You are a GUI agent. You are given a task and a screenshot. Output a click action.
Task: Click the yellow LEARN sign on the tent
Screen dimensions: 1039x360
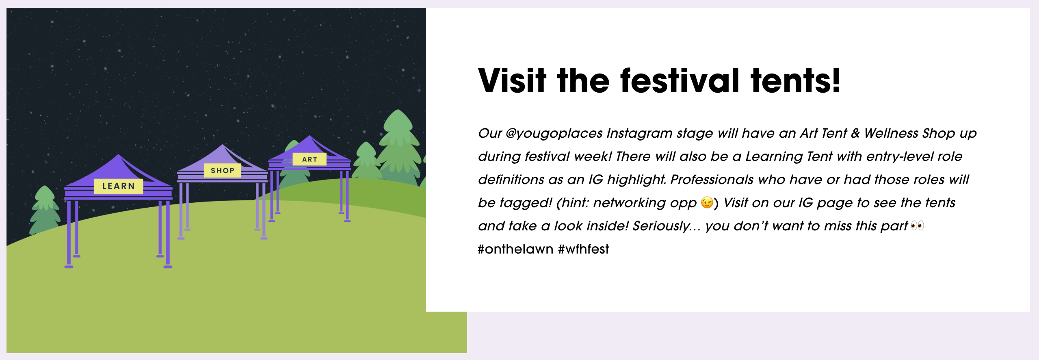(118, 186)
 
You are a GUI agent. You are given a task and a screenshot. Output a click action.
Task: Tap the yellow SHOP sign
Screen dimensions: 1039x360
(222, 171)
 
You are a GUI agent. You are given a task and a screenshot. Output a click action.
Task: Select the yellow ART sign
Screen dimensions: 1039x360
(310, 159)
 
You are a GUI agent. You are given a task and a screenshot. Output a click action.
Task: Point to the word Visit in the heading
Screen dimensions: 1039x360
(512, 81)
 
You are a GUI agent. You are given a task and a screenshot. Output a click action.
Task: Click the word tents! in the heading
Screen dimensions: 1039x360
(795, 81)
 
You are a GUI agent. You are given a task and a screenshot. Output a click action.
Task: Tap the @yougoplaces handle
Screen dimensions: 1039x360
(554, 134)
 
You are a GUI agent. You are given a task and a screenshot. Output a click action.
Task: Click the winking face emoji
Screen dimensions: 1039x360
(707, 202)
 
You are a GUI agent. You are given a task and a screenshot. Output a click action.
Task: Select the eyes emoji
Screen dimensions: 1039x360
(917, 226)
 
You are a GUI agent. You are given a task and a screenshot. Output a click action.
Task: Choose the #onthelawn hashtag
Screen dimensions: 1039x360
(515, 249)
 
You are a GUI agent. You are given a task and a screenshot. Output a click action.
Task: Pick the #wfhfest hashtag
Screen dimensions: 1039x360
(584, 249)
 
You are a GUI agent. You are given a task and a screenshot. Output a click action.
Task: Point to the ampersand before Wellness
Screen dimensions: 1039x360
(855, 133)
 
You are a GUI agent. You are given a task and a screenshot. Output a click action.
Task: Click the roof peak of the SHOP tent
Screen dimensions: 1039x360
(222, 145)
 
